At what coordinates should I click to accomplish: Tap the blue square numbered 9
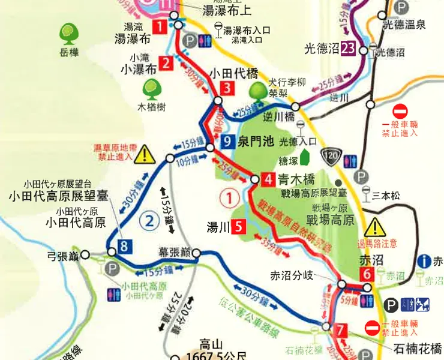point(227,142)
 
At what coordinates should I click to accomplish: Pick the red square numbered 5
point(239,227)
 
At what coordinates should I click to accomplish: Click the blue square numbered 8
point(124,245)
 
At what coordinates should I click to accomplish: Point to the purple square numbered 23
point(348,50)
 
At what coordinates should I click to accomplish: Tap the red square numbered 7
point(340,329)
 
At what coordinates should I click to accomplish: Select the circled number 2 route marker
point(148,221)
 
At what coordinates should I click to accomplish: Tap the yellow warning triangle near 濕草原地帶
point(144,155)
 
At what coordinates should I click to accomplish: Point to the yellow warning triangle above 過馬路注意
point(376,227)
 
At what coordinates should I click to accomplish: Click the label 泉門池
point(256,142)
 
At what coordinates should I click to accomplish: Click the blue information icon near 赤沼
point(425,261)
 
